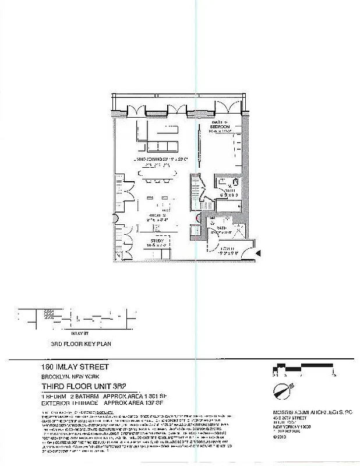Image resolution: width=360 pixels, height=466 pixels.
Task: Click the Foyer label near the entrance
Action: tap(227, 251)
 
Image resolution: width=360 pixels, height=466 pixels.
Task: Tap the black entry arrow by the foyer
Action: tap(258, 252)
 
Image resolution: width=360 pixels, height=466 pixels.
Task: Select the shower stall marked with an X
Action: tap(237, 228)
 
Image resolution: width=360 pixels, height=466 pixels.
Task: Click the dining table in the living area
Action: tap(156, 174)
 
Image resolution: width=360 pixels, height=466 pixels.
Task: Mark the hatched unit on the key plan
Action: tap(46, 314)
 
